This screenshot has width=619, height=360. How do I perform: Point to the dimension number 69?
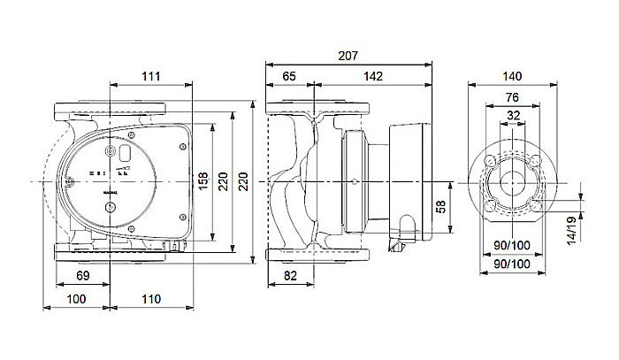point(80,278)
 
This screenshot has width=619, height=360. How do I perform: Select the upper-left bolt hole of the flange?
point(490,161)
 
